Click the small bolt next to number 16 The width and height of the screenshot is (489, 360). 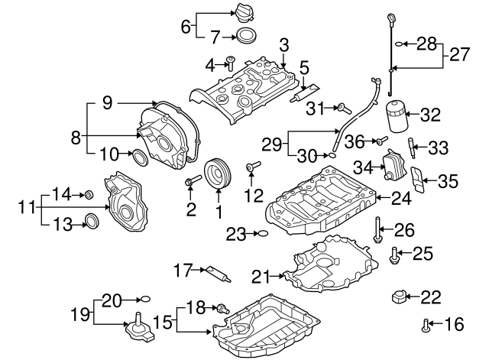(x=425, y=326)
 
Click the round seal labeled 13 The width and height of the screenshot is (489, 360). (x=90, y=222)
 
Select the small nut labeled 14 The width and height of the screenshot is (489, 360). (x=88, y=195)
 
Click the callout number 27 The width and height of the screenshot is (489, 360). (x=456, y=55)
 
